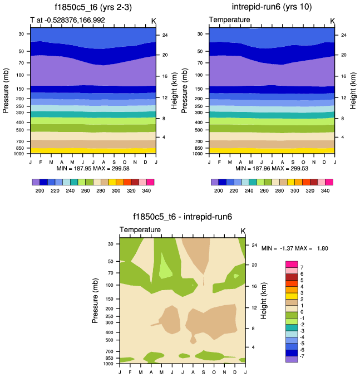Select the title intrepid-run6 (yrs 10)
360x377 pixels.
pos(272,7)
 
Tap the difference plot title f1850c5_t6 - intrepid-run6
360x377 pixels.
pos(183,217)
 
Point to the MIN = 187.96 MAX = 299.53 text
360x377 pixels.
pos(272,168)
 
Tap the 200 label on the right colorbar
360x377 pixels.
pos(218,190)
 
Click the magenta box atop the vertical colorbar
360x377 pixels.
pos(292,263)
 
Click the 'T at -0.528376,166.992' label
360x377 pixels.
pos(68,21)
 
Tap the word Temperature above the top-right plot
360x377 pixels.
pos(229,21)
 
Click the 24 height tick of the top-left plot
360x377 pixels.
pos(165,35)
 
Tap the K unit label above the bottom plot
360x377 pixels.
pos(243,231)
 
